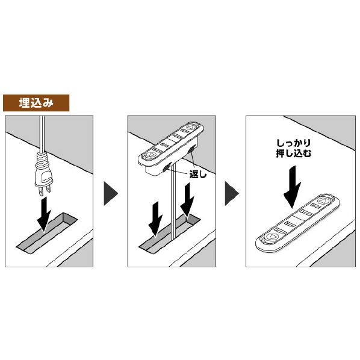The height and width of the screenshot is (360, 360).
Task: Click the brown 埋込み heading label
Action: [x=36, y=103]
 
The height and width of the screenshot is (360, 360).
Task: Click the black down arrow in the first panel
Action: [x=44, y=214]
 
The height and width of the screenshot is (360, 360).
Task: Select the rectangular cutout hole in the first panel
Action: [x=46, y=233]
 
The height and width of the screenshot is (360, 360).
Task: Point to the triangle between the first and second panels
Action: [x=110, y=193]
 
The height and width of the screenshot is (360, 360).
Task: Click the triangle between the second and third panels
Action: [x=232, y=193]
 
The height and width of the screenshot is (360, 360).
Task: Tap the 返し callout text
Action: [x=198, y=175]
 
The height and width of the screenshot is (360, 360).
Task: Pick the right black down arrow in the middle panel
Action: [x=187, y=200]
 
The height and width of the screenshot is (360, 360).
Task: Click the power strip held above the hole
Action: [x=171, y=148]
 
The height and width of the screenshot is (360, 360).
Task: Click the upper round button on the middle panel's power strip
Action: [x=190, y=127]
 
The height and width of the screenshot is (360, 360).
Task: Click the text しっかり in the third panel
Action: [x=294, y=143]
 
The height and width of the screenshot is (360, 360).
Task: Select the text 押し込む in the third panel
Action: [x=294, y=153]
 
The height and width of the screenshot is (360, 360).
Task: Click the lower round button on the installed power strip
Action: [x=271, y=237]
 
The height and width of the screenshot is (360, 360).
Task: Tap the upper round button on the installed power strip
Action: [x=324, y=201]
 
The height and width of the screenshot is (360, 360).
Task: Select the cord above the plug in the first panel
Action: [x=42, y=134]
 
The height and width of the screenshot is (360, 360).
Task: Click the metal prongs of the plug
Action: [x=45, y=190]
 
